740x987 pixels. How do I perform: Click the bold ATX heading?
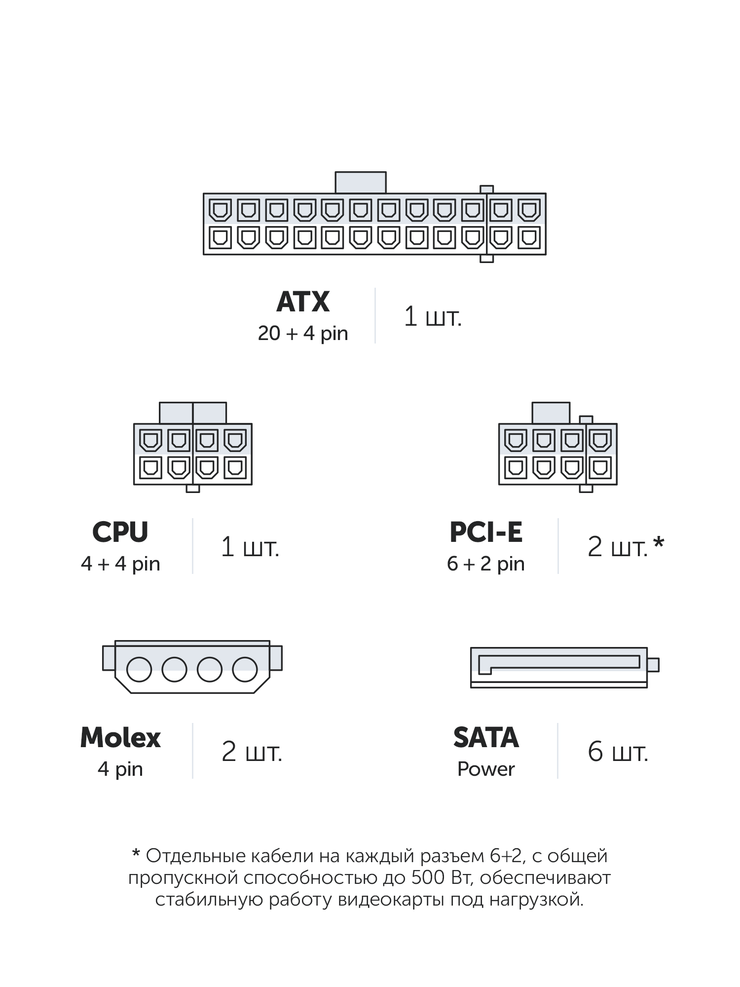303,302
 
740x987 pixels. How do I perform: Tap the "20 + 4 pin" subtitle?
303,334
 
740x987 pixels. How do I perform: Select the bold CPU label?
120,532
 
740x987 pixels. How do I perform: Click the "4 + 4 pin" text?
120,564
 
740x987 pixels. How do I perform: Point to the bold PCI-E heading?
486,532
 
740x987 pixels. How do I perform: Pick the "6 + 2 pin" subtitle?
486,564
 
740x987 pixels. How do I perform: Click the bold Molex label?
120,738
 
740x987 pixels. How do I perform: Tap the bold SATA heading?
486,738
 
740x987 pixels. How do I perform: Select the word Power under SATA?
486,769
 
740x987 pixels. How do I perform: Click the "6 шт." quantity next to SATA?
618,753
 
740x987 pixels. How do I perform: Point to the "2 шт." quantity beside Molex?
252,753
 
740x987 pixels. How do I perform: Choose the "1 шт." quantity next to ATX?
433,316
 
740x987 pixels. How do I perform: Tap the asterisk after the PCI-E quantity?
659,544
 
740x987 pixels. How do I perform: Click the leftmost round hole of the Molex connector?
139,670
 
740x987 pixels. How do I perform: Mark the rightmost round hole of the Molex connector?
245,670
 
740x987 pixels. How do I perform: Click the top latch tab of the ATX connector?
361,183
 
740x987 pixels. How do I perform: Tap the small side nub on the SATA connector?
653,665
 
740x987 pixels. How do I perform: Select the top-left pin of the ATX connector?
220,210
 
